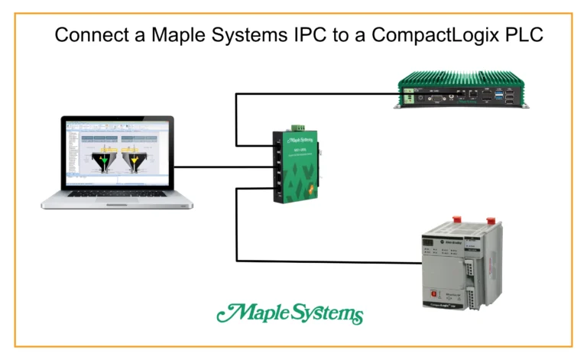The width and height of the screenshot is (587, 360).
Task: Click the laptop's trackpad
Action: pos(116,203)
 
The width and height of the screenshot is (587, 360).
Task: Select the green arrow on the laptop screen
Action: pos(102,161)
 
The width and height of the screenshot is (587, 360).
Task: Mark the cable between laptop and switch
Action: pos(222,167)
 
